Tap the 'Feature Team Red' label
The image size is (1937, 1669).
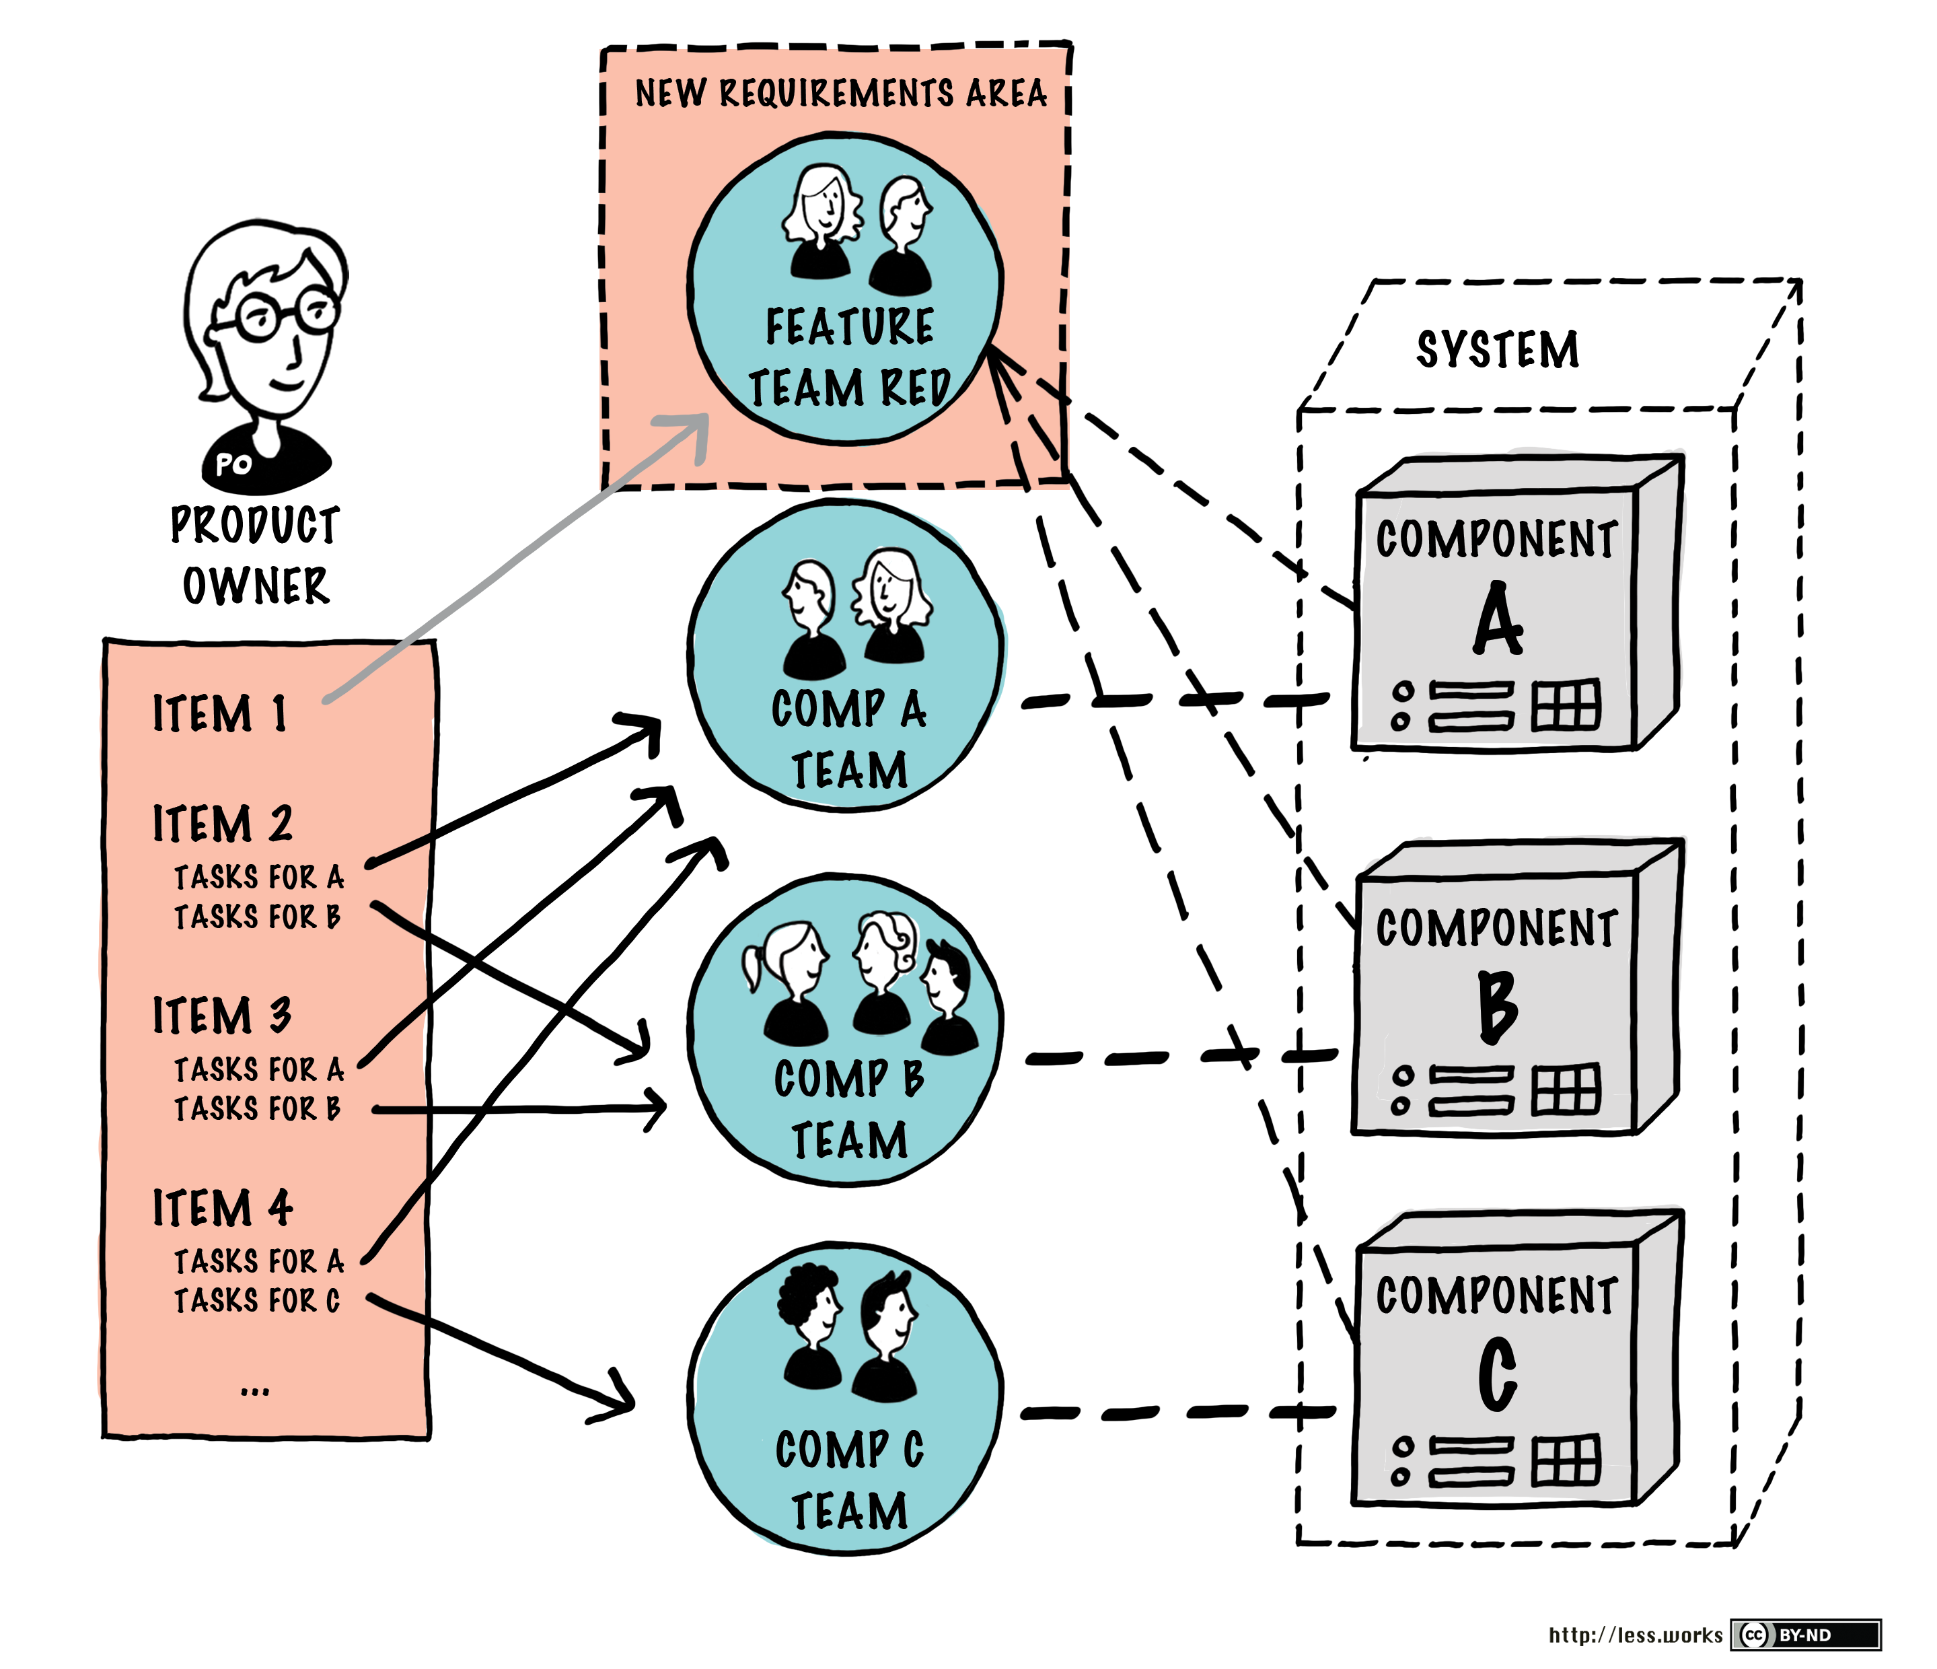849,357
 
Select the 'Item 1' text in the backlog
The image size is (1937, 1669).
220,713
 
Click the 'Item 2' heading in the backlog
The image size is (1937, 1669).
223,824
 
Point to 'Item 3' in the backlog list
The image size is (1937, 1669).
223,1016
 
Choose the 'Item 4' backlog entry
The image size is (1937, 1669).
223,1208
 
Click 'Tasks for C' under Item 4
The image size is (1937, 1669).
257,1301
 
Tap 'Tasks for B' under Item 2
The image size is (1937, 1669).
257,917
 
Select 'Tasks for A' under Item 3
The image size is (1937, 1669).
259,1069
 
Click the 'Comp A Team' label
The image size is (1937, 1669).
849,740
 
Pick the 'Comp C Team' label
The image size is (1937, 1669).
849,1480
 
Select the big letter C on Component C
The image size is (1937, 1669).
1498,1374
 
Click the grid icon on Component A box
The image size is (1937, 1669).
1566,706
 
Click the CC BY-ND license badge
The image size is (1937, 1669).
1805,1635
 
